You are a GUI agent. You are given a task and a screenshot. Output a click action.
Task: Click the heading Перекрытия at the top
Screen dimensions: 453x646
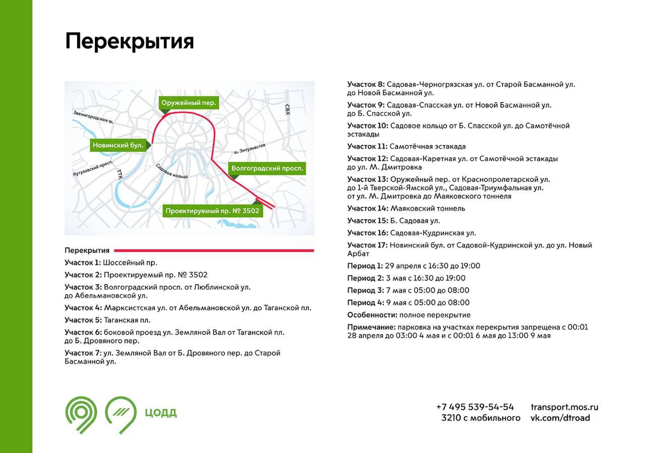pyautogui.click(x=129, y=41)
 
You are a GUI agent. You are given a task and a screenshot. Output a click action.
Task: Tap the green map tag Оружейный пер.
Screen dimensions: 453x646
pyautogui.click(x=189, y=103)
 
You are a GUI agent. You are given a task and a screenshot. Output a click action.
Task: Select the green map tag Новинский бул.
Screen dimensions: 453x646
pyautogui.click(x=119, y=146)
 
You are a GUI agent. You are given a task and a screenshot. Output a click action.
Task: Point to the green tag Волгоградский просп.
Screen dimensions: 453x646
pyautogui.click(x=267, y=168)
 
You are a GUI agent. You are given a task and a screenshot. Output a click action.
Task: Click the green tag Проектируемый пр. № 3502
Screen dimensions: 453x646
pyautogui.click(x=212, y=211)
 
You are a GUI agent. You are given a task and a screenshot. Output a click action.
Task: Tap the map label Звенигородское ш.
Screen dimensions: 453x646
pyautogui.click(x=92, y=117)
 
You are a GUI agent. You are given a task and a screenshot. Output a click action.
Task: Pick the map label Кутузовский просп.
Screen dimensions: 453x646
pyautogui.click(x=92, y=169)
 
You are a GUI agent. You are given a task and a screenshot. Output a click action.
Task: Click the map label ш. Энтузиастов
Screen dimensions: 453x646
pyautogui.click(x=249, y=148)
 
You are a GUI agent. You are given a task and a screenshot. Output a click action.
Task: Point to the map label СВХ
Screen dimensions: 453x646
pyautogui.click(x=288, y=109)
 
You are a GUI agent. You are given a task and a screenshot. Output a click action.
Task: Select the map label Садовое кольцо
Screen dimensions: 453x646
pyautogui.click(x=172, y=171)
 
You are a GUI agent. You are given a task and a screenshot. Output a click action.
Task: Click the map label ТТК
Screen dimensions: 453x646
pyautogui.click(x=120, y=174)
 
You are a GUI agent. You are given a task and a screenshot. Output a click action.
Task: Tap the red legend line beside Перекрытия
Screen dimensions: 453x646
pyautogui.click(x=213, y=250)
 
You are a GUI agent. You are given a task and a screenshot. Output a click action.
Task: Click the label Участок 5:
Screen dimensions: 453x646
pyautogui.click(x=83, y=320)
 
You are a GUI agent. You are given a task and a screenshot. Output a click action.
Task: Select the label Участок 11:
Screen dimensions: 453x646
pyautogui.click(x=367, y=146)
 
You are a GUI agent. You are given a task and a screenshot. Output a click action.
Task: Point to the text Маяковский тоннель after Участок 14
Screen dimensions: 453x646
pyautogui.click(x=427, y=208)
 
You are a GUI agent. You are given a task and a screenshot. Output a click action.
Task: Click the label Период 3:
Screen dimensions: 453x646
pyautogui.click(x=365, y=290)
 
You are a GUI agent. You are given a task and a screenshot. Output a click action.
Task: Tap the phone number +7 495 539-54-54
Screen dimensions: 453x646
pyautogui.click(x=475, y=407)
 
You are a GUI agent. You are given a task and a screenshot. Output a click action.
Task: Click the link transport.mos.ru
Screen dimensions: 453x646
pyautogui.click(x=564, y=407)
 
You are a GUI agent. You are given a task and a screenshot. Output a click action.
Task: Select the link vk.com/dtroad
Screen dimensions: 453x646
pyautogui.click(x=560, y=418)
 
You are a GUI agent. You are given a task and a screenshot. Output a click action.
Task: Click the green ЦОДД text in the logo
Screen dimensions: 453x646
pyautogui.click(x=160, y=413)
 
